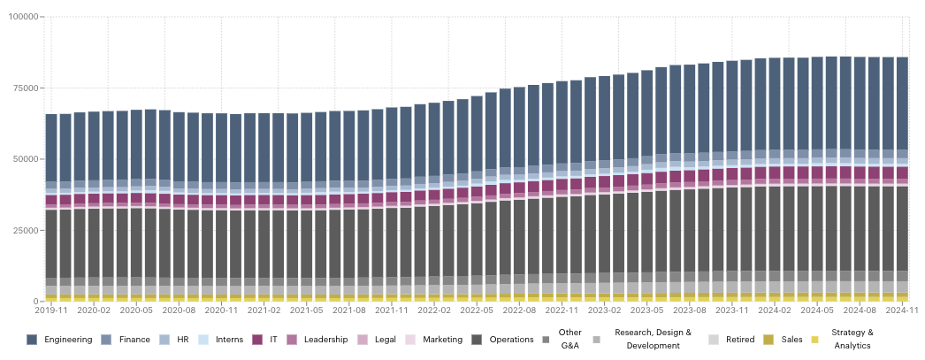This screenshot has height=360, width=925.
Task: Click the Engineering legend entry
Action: (68, 340)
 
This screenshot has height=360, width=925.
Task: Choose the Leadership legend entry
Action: (325, 340)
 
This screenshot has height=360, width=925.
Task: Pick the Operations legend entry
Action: (511, 340)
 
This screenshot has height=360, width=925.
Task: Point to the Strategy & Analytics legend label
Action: (852, 340)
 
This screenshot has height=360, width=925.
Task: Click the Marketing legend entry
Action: (443, 340)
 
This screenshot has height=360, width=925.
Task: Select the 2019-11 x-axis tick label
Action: (51, 310)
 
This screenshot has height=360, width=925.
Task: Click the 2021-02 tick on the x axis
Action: (264, 310)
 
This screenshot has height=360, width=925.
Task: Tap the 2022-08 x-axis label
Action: (519, 310)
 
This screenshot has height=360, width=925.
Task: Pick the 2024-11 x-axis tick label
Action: (903, 310)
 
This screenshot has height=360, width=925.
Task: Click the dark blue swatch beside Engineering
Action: (32, 340)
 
